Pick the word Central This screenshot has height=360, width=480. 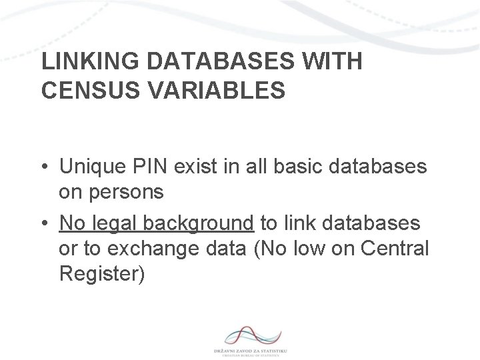[393, 248]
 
